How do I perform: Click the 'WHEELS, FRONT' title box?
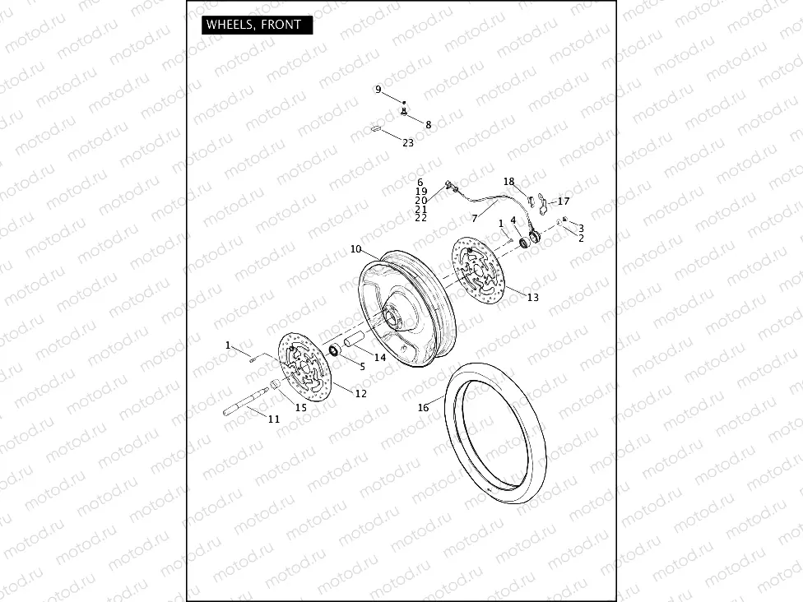point(253,25)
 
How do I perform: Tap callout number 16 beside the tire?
point(424,407)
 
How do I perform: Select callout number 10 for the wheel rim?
point(355,248)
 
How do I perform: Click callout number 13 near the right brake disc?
point(533,297)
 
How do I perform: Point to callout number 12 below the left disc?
point(360,394)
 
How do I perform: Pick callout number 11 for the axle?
point(274,419)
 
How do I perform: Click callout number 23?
point(408,142)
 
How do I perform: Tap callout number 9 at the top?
point(378,89)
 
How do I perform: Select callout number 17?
point(564,201)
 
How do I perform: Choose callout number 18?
point(508,182)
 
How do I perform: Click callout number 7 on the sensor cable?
point(475,219)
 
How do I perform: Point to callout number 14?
point(379,357)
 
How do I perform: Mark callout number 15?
point(300,407)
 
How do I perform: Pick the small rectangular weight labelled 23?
point(374,128)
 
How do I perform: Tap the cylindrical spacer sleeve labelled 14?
point(355,338)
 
